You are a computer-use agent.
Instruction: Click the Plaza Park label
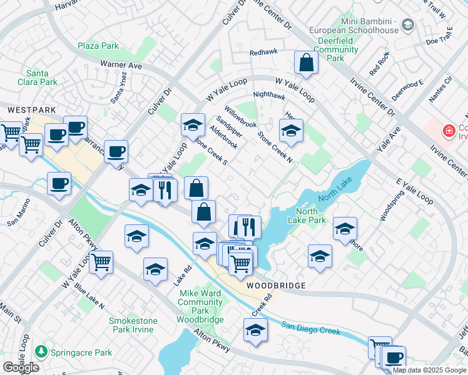98,46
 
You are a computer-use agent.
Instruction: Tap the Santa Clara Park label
43,77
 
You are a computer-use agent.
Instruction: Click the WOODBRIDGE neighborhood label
276,285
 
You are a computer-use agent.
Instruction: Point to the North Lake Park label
310,216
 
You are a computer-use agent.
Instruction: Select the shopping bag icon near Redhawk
306,62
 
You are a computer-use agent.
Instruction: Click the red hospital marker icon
448,131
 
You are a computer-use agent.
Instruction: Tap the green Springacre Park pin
41,352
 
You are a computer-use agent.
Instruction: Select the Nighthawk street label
269,96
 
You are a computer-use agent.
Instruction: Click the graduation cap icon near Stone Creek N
291,131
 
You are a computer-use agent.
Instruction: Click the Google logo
21,367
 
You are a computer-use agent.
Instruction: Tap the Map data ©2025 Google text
429,370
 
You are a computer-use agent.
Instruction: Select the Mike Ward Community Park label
201,306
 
